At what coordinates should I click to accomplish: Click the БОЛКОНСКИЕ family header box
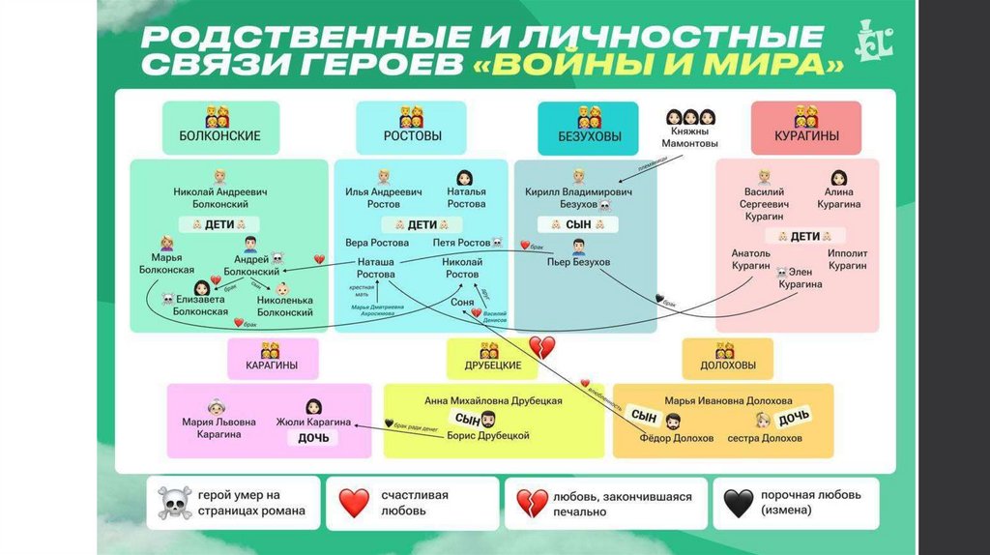click(219, 128)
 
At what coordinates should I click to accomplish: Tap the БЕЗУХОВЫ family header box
click(590, 128)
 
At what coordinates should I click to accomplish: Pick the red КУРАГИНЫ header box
click(806, 128)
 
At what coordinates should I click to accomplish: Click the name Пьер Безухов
click(579, 262)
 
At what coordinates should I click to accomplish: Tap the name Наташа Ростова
click(376, 268)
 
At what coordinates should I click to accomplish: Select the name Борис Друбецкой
click(488, 436)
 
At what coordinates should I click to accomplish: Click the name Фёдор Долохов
click(676, 438)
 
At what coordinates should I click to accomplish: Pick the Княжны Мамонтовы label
click(689, 136)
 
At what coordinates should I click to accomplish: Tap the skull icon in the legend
click(174, 503)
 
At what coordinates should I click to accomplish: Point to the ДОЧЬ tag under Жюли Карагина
click(312, 438)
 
